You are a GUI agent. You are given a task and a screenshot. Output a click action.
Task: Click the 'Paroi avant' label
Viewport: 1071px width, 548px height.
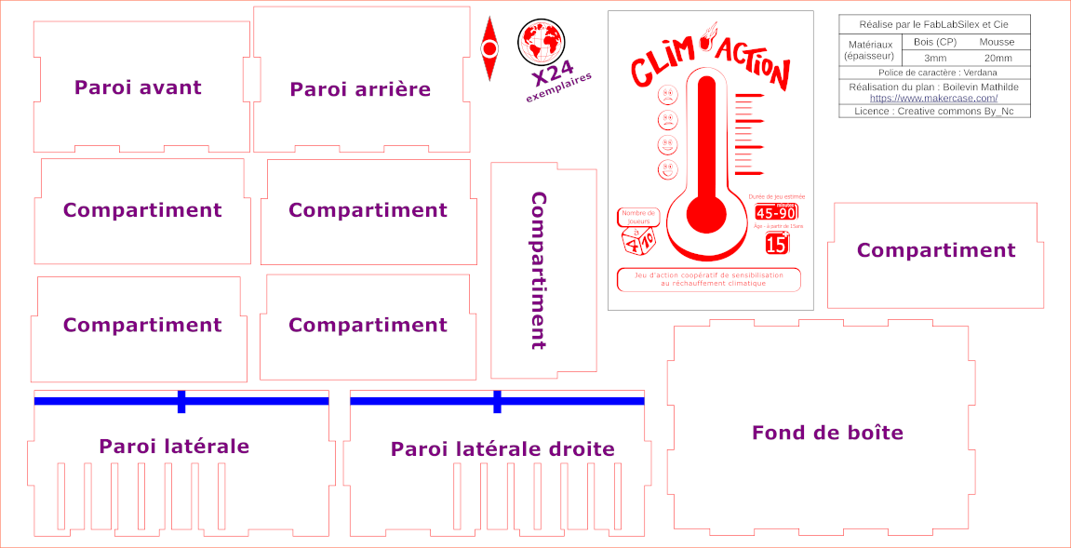tap(138, 87)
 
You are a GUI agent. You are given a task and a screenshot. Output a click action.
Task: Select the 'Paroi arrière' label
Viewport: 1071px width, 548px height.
tap(360, 89)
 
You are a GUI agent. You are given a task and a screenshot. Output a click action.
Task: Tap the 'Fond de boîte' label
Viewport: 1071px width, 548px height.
tap(827, 433)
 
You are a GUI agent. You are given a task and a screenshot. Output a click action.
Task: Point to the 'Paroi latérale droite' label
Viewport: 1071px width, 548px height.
tap(502, 449)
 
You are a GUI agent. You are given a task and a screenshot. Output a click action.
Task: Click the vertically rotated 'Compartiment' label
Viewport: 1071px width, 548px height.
tap(539, 271)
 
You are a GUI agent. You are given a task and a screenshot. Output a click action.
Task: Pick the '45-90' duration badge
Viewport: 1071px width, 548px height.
tap(775, 212)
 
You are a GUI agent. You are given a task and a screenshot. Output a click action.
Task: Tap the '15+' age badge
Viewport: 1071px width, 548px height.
tap(777, 244)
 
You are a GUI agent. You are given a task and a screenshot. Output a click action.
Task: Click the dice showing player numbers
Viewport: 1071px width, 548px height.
tap(638, 242)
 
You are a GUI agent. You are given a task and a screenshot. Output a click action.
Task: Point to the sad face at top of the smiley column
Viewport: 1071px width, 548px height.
tap(667, 95)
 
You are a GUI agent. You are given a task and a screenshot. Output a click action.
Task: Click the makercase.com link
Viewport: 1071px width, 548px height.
tap(933, 98)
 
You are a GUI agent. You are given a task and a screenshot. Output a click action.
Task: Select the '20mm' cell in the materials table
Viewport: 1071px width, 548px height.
tap(997, 58)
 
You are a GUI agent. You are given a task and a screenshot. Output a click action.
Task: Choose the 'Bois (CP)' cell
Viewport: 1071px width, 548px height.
tap(935, 43)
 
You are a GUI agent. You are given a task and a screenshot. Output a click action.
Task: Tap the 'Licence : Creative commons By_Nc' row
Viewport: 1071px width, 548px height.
tap(933, 111)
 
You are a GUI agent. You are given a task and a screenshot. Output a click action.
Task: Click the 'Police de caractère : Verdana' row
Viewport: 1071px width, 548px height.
tap(933, 72)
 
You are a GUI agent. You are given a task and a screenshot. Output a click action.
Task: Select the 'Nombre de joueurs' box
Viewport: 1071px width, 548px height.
tap(638, 217)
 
